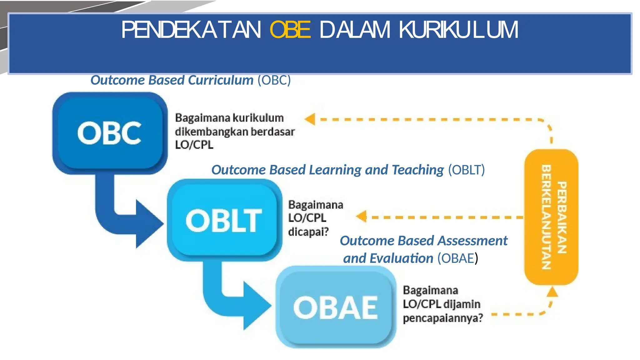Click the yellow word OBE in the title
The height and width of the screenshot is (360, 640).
[290, 30]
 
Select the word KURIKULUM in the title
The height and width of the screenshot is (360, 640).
[458, 30]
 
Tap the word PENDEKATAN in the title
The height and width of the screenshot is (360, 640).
[191, 30]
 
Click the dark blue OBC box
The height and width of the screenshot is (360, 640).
[109, 133]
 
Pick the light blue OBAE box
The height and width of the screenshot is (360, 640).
[336, 307]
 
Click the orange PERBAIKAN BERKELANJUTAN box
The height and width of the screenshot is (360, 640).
[552, 217]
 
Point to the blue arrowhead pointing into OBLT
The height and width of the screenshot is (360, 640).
[148, 224]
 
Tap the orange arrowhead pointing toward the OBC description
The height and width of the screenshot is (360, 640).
[310, 119]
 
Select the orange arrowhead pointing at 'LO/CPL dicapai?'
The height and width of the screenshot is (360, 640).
[362, 216]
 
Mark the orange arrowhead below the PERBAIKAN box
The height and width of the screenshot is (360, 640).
[552, 292]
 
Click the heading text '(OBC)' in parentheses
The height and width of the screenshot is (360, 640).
[274, 80]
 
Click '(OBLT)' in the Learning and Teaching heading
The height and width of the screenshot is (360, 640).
[466, 170]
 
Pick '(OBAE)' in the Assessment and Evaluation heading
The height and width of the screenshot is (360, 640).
[457, 258]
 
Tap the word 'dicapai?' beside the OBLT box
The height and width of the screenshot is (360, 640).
[308, 232]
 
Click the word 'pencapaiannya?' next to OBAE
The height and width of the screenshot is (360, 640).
[443, 318]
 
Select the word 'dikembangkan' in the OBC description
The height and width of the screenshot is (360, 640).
[211, 132]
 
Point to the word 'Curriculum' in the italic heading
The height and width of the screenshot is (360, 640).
[220, 80]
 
